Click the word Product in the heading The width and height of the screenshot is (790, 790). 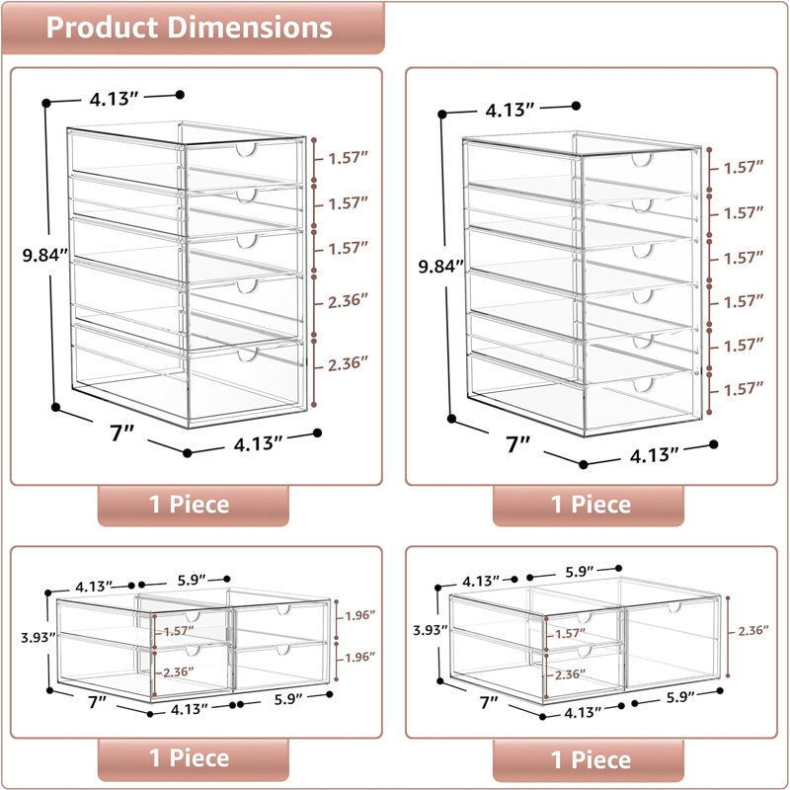[102, 28]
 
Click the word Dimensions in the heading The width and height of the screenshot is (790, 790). [250, 28]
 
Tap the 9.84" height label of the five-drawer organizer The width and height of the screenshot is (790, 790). [44, 256]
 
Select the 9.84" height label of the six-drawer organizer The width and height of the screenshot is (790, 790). [440, 266]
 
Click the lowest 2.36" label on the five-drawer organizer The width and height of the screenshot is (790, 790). [349, 363]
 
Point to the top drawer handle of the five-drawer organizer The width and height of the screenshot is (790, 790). [246, 150]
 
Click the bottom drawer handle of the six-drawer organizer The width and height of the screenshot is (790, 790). [643, 385]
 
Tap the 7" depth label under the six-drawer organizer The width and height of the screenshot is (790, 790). [518, 443]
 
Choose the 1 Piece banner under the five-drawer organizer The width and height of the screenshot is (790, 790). [193, 506]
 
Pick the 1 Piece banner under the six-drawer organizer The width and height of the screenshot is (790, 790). [589, 506]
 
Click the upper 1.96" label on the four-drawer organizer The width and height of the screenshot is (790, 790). [359, 615]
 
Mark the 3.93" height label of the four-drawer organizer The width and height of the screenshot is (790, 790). [38, 637]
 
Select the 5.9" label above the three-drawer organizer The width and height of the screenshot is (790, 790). [580, 572]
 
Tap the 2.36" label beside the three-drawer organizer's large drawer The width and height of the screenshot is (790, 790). [753, 630]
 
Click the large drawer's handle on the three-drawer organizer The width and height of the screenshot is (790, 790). [674, 607]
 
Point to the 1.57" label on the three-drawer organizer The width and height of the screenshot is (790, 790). [571, 633]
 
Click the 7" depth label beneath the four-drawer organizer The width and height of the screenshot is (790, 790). [97, 702]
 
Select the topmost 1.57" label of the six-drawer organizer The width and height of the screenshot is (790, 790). [744, 167]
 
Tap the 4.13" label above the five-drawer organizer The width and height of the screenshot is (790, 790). [114, 99]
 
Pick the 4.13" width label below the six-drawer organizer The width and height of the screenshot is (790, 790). [654, 455]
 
